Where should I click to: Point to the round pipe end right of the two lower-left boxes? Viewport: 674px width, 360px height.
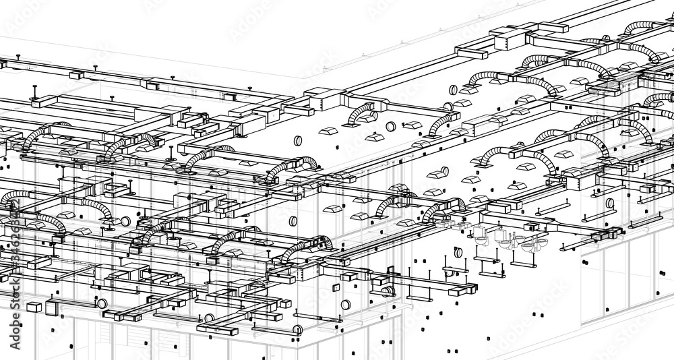click(102, 303)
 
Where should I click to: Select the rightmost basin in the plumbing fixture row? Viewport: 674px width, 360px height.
click(543, 243)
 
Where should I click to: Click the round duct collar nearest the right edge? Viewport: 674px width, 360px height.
click(610, 203)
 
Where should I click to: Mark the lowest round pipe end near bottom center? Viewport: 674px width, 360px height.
click(297, 330)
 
